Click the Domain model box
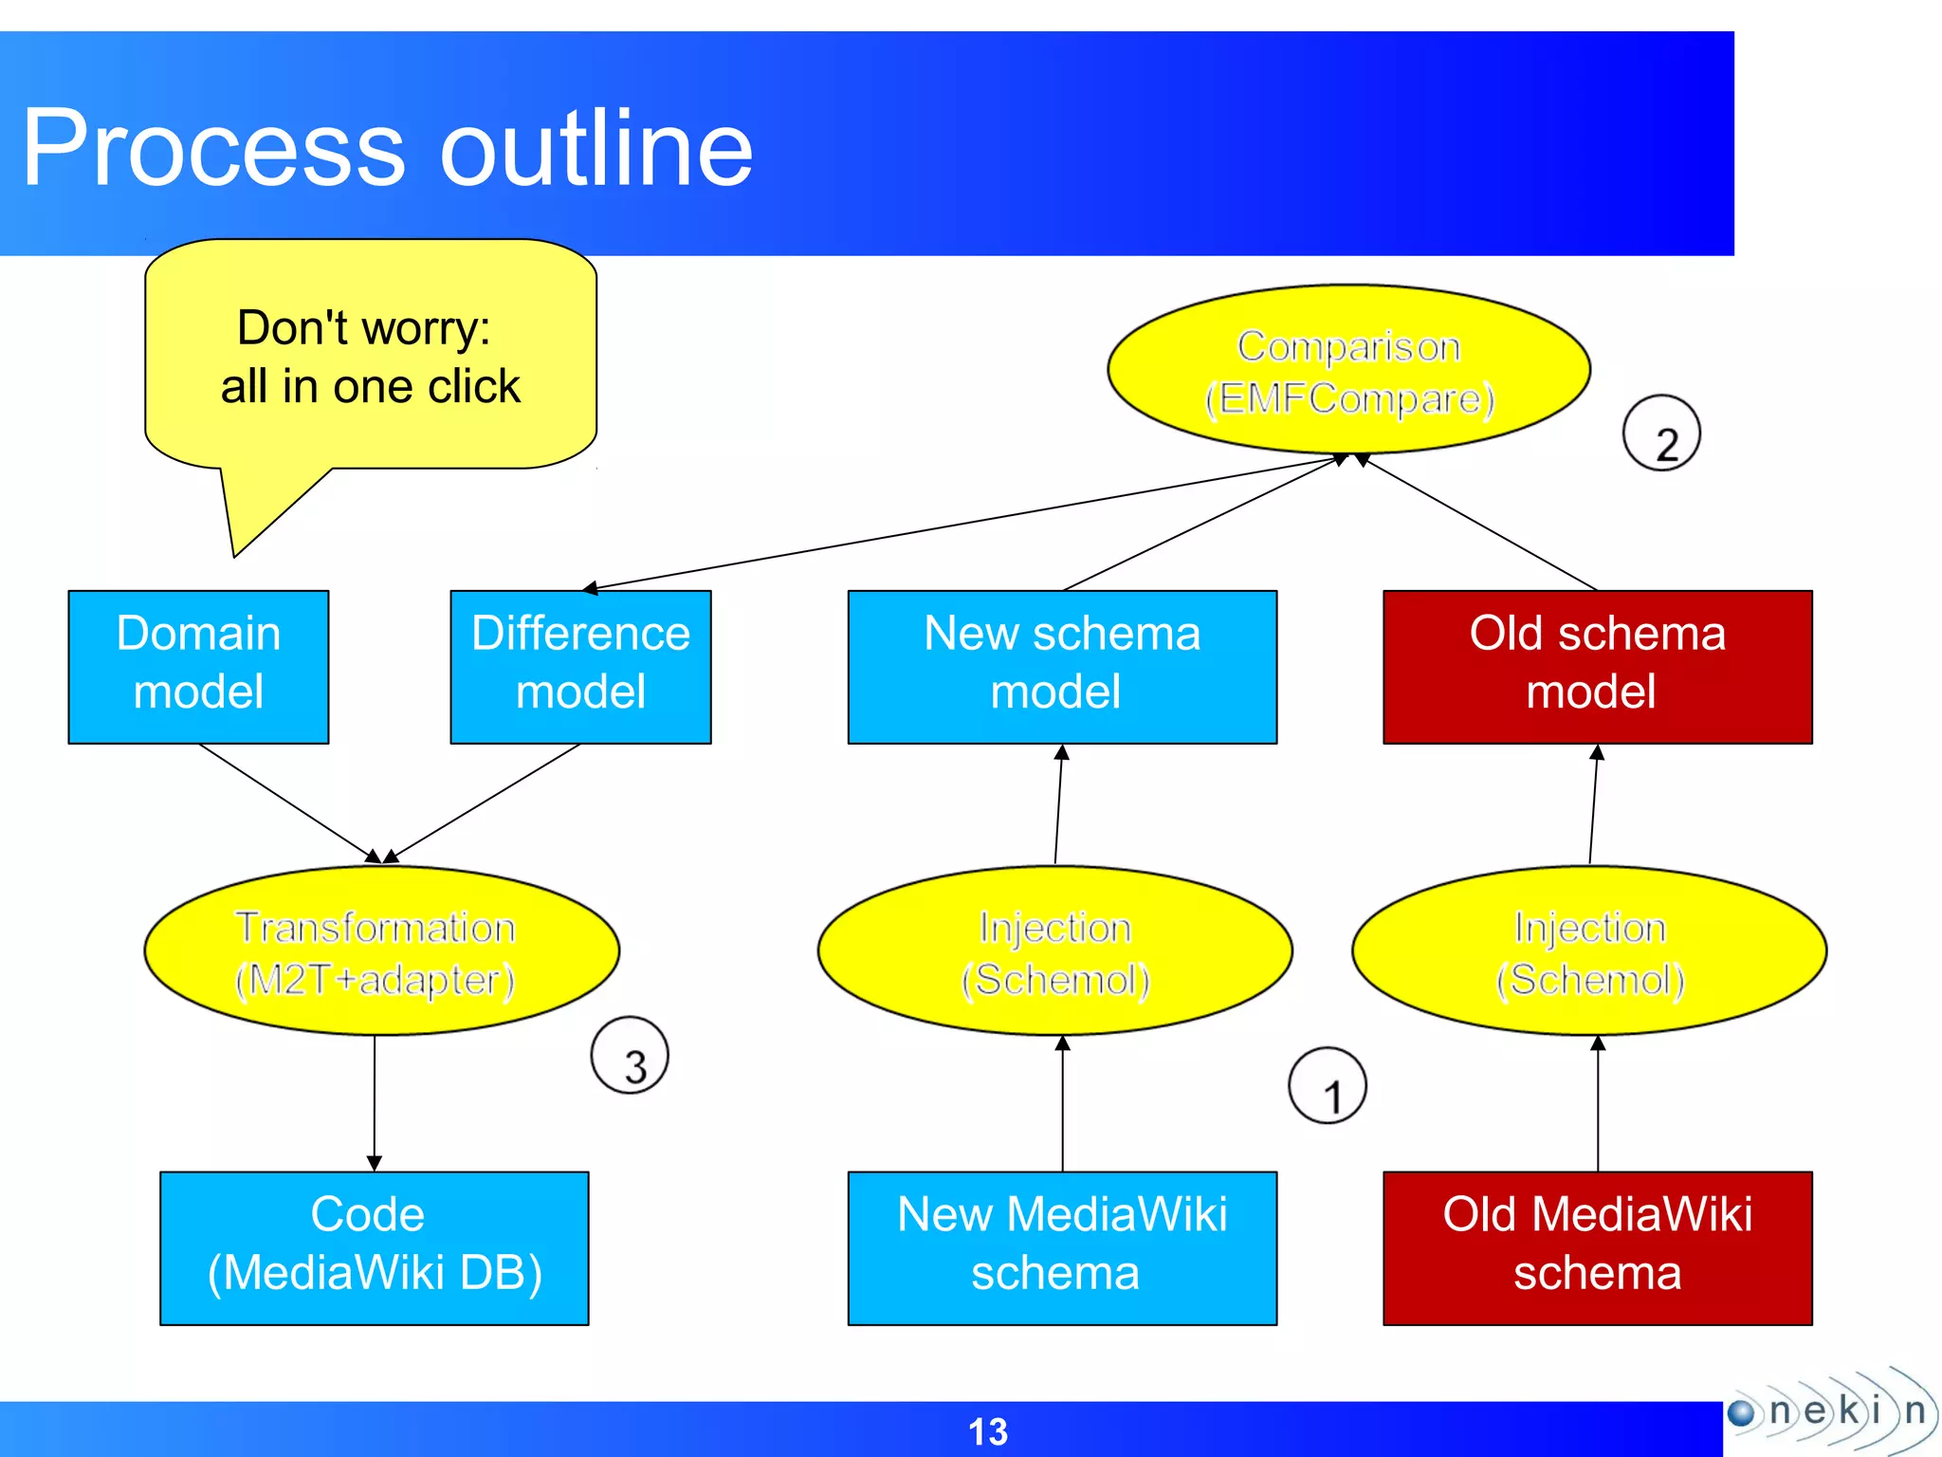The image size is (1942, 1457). coord(198,667)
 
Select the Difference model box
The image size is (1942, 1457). coord(580,667)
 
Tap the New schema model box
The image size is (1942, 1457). coord(1062,667)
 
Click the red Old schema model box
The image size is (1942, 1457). coord(1597,667)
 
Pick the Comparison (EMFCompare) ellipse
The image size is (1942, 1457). coord(1348,370)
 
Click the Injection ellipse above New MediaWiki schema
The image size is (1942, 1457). coord(1054,951)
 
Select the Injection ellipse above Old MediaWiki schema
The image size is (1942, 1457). coord(1589,951)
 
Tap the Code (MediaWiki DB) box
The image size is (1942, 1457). coord(375,1247)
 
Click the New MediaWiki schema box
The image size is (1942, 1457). coord(1062,1247)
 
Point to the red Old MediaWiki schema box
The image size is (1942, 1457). coord(1597,1247)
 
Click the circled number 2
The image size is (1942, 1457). coord(1661,433)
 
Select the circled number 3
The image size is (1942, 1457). coord(630,1056)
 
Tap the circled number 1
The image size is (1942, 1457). coord(1328,1086)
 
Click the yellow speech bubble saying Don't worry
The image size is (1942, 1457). coord(370,356)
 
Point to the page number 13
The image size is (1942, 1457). coord(987,1431)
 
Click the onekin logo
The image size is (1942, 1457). coord(1830,1411)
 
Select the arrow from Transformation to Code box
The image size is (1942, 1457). coord(375,1100)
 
